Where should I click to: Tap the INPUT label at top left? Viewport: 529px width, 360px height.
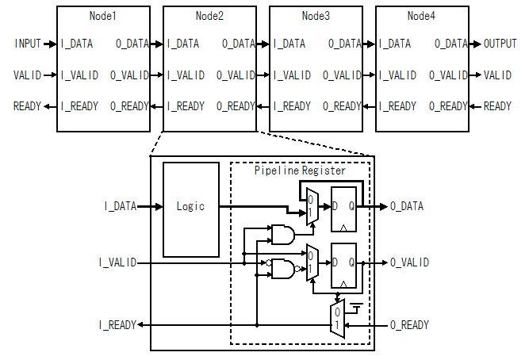(x=29, y=44)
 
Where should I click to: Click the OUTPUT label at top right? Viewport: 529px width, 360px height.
(x=500, y=44)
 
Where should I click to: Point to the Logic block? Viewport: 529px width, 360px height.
(x=190, y=207)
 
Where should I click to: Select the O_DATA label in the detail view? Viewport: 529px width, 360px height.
(x=406, y=206)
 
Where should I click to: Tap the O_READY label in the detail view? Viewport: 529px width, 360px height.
(x=409, y=325)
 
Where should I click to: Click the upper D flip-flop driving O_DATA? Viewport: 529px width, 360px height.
(x=344, y=206)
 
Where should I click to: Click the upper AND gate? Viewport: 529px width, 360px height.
(x=282, y=234)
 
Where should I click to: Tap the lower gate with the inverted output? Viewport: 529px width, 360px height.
(x=283, y=271)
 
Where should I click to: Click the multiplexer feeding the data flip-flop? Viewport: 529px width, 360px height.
(x=312, y=206)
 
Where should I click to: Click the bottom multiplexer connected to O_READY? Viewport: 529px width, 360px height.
(x=337, y=319)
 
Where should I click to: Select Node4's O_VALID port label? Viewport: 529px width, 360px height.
(x=449, y=75)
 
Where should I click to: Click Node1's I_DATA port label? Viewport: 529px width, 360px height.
(x=81, y=44)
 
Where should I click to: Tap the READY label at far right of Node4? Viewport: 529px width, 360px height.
(x=498, y=106)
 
